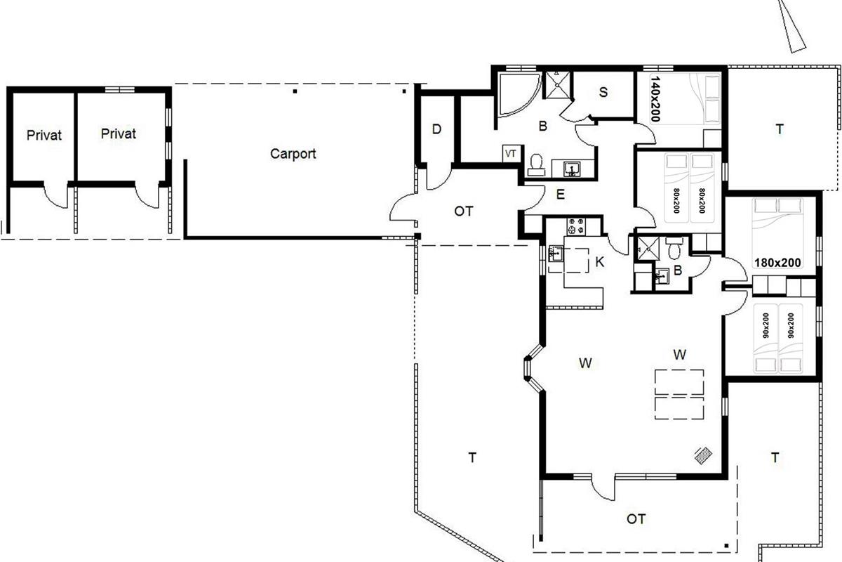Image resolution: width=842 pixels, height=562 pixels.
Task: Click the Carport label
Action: tap(293, 154)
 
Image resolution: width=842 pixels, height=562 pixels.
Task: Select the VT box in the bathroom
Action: tap(511, 154)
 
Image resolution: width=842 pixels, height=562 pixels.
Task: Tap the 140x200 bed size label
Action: tap(655, 99)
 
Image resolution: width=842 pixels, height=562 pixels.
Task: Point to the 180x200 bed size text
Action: tap(777, 262)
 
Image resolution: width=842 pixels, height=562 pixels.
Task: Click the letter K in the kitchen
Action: tap(599, 262)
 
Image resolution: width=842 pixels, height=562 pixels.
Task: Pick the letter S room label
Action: tap(603, 92)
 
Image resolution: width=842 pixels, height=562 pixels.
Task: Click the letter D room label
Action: tap(436, 129)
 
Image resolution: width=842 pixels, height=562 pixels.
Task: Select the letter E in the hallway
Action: tap(560, 195)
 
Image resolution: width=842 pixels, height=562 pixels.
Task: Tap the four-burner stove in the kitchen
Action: tap(576, 226)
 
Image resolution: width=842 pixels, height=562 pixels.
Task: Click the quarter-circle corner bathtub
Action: tap(518, 94)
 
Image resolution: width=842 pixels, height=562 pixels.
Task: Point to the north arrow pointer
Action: tap(791, 27)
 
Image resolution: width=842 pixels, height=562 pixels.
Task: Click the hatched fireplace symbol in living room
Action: tap(702, 455)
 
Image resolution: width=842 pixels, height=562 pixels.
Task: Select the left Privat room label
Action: tap(44, 135)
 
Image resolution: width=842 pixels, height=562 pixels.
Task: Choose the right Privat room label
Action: tap(119, 133)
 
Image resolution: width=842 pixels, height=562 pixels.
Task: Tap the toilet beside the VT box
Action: tap(536, 165)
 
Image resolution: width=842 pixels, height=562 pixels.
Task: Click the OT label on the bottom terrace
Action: tap(636, 519)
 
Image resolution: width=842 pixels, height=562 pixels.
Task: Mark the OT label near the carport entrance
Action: tap(464, 211)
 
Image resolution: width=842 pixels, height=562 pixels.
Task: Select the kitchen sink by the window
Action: tap(556, 254)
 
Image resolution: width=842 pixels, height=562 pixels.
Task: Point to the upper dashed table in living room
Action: tap(679, 382)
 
